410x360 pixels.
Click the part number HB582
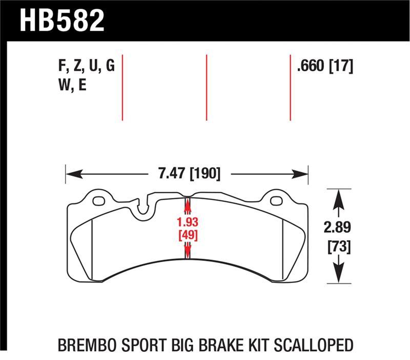(61, 21)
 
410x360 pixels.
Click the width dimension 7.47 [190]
(187, 174)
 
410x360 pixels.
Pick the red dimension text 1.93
(188, 223)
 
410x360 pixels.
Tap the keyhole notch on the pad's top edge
(142, 208)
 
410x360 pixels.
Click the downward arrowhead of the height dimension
(337, 277)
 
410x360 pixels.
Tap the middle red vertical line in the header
(206, 87)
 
